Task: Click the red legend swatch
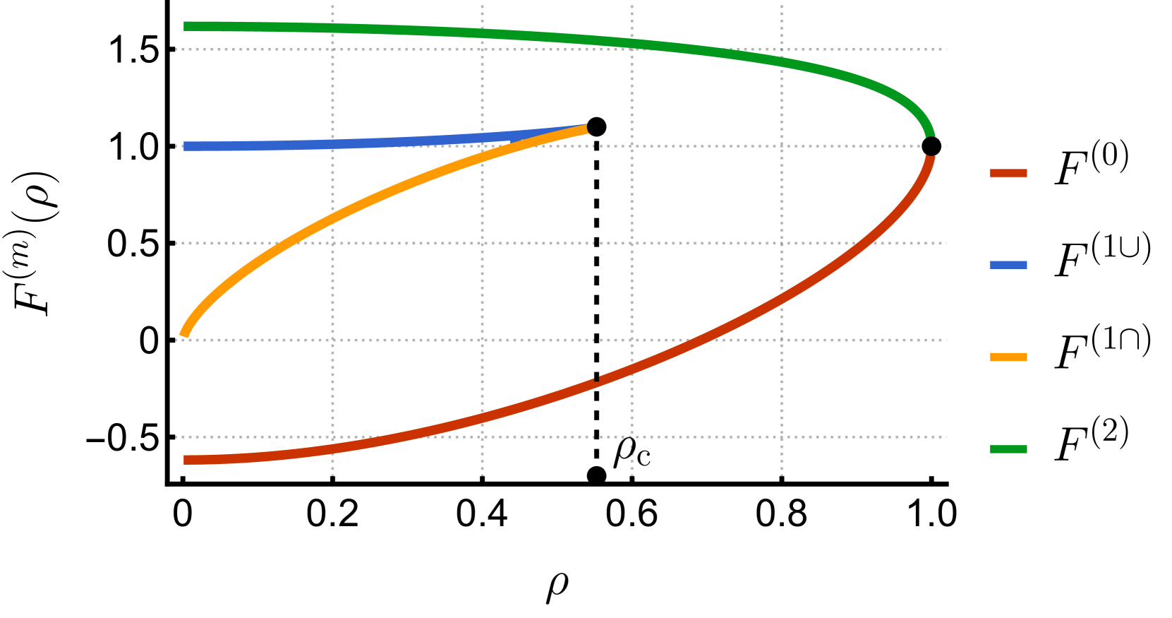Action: [1008, 173]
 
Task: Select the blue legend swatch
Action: [1008, 265]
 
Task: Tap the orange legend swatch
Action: [1008, 357]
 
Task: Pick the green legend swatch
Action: [1008, 449]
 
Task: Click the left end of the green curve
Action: [186, 26]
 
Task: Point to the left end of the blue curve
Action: [186, 146]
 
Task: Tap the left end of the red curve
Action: [186, 460]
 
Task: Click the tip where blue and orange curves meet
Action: [586, 128]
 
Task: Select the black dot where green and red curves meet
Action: [931, 146]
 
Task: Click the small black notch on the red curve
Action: [596, 380]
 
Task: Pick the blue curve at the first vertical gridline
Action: [333, 144]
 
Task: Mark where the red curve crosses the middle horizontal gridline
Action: [869, 243]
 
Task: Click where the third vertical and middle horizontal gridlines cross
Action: [632, 243]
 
